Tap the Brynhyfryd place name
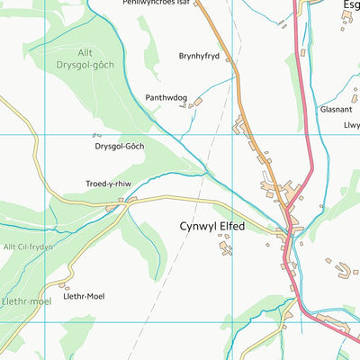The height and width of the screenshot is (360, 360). (199, 56)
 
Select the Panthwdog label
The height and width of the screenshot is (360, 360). (166, 96)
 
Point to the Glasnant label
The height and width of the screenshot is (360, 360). (335, 109)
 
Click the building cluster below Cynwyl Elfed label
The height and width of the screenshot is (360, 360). (225, 246)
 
